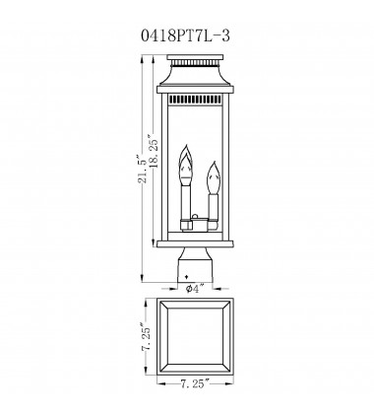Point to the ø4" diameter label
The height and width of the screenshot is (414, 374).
point(193,290)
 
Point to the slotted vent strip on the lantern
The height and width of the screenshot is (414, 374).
point(193,101)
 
